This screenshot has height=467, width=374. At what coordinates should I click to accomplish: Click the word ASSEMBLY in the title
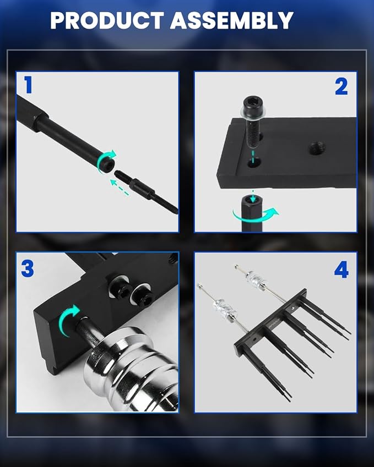(232, 20)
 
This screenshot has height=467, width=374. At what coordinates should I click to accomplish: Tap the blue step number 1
(28, 85)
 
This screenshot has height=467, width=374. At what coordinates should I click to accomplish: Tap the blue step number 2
(341, 87)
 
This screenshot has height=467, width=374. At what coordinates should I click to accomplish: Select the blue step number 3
(28, 268)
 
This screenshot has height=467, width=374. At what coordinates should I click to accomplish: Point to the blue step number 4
(342, 270)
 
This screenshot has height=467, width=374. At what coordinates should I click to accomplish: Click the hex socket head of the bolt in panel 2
(253, 105)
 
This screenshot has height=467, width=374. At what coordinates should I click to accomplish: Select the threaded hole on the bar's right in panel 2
(317, 149)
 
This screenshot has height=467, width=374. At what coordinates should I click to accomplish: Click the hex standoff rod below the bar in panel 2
(252, 213)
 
